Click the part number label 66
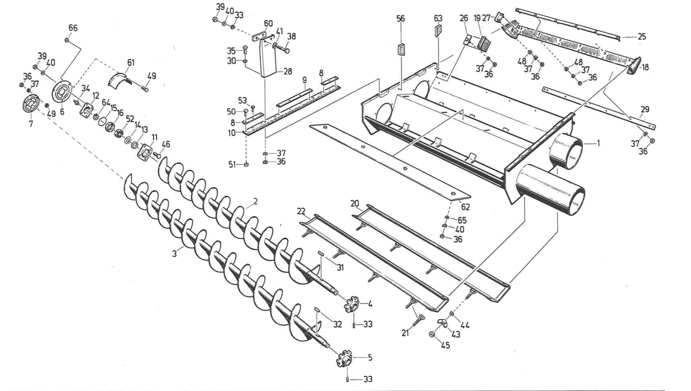click(73, 28)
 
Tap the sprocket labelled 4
click(351, 303)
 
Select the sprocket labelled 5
click(344, 358)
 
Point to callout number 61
click(130, 62)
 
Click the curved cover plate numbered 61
click(120, 79)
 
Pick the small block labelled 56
click(401, 49)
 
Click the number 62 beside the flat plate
click(465, 207)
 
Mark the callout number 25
click(642, 37)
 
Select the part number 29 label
click(645, 109)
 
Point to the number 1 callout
click(598, 143)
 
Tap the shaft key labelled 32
click(317, 310)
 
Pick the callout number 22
click(301, 211)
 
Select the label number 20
click(355, 203)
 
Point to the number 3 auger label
click(174, 254)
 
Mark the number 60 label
click(268, 24)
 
